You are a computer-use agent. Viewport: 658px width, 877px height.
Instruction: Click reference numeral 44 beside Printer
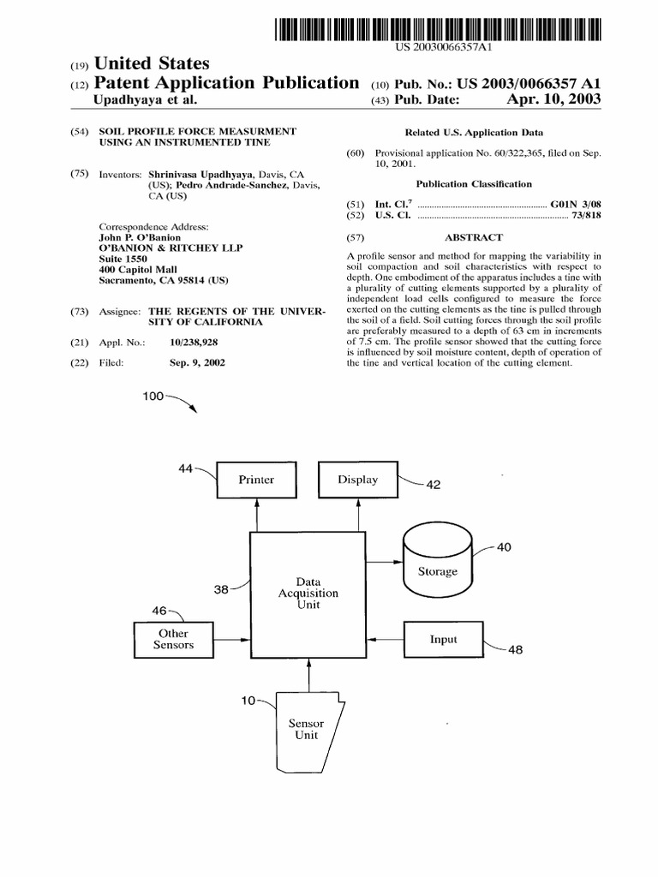pos(185,468)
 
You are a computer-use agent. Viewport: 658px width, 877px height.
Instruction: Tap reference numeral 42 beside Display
pos(433,485)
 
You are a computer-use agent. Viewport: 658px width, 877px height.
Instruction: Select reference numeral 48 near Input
pos(515,650)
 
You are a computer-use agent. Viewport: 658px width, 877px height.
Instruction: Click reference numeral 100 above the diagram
pos(153,396)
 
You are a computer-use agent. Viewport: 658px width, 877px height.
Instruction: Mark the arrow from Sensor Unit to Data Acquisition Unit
pos(308,675)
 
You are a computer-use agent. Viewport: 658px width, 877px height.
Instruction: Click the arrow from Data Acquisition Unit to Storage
pos(385,562)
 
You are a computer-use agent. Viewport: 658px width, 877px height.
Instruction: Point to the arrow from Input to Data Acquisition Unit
pos(385,639)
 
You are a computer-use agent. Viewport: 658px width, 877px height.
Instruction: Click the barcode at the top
pos(438,30)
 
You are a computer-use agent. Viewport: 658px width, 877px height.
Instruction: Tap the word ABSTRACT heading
pos(473,237)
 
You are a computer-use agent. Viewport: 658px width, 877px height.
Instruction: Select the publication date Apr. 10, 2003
pos(553,99)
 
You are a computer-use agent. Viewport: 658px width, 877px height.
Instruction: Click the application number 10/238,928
pos(194,343)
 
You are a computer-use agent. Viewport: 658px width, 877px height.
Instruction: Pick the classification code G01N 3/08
pos(576,204)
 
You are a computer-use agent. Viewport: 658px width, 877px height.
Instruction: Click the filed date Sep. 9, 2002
pos(197,362)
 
